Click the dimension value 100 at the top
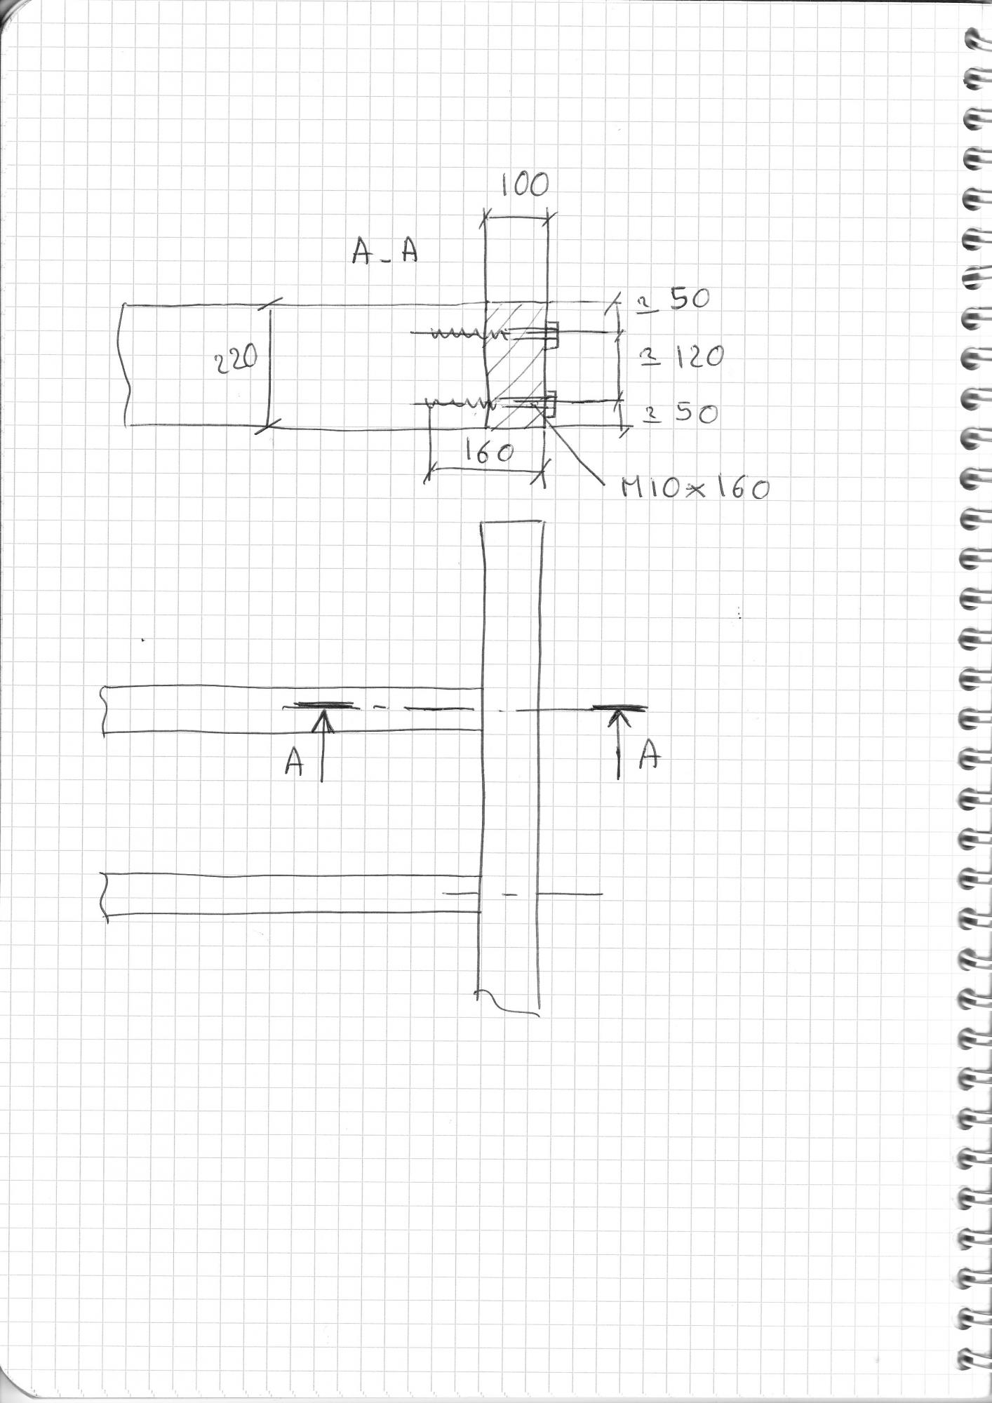(525, 185)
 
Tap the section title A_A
(384, 253)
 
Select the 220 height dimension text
(236, 361)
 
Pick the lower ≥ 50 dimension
(681, 414)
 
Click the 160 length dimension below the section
(489, 452)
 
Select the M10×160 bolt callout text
(695, 488)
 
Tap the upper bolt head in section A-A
(551, 335)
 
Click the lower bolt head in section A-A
(550, 403)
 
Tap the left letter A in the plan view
(294, 762)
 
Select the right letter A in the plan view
(651, 756)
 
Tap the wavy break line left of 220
(126, 365)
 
